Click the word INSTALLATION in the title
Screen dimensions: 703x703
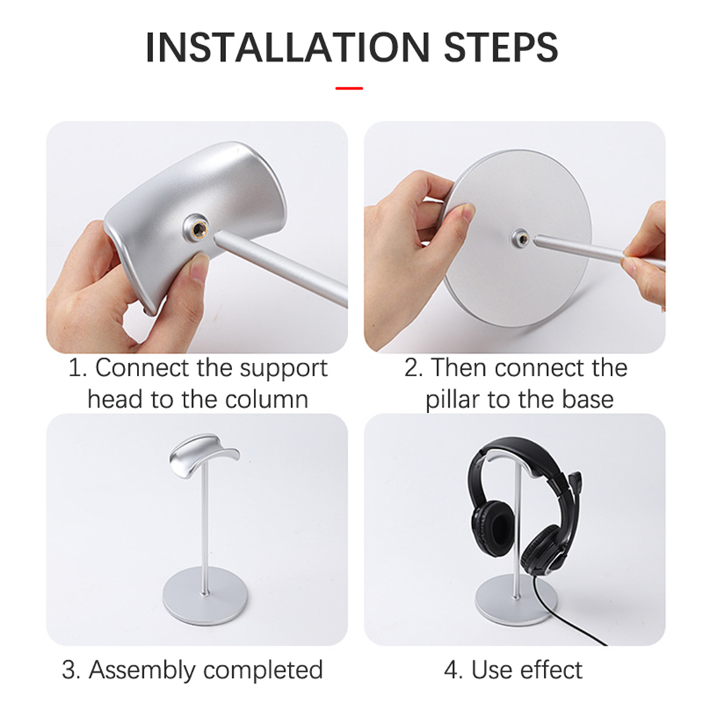click(288, 47)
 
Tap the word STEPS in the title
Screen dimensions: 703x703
click(501, 47)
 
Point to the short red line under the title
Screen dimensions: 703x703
click(349, 88)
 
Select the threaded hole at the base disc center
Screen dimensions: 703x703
click(521, 238)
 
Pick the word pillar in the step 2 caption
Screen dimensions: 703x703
click(453, 400)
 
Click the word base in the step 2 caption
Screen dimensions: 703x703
click(588, 399)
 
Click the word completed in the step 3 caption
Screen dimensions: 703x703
click(263, 671)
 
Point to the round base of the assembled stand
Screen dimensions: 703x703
click(204, 598)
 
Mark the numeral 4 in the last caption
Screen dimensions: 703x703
click(452, 671)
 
